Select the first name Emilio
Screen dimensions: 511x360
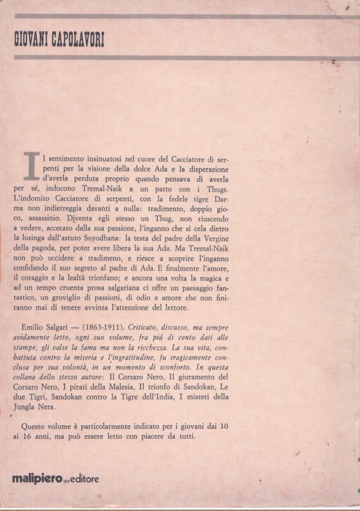coord(34,328)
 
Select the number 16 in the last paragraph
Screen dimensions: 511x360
coord(34,436)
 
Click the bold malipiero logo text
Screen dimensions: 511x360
coord(37,479)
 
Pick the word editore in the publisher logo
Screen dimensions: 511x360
coord(83,479)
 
